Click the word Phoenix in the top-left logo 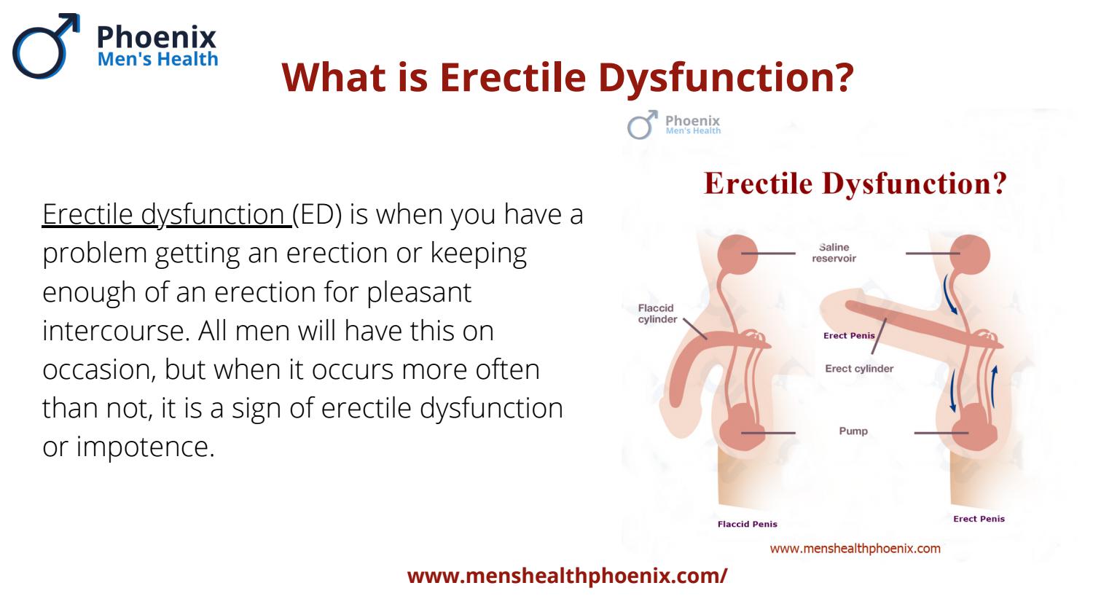156,37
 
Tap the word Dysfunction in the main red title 726,78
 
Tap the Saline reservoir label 834,253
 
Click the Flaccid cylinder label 657,313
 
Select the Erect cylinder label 859,369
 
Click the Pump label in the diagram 853,431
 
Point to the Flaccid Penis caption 747,524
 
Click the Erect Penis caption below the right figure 979,519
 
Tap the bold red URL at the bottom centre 567,576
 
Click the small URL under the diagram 855,549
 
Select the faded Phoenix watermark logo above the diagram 674,125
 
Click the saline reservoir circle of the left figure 737,254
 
